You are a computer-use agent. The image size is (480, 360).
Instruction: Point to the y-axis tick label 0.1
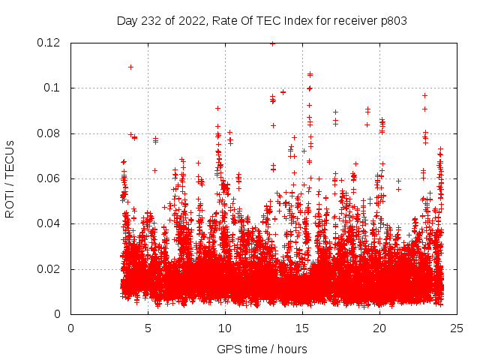click(x=53, y=88)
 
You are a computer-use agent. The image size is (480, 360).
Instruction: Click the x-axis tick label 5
click(x=148, y=328)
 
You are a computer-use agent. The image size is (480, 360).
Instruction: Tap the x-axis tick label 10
click(x=225, y=328)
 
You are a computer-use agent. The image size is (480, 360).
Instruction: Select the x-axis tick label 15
click(x=302, y=328)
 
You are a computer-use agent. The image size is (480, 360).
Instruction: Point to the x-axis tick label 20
click(x=379, y=328)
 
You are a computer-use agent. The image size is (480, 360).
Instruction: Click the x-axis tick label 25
click(x=457, y=328)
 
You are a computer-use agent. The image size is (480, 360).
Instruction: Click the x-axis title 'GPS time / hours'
click(x=262, y=349)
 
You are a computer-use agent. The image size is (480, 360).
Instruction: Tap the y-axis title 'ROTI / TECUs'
click(x=10, y=178)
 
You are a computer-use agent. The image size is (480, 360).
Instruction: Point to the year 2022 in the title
click(x=190, y=20)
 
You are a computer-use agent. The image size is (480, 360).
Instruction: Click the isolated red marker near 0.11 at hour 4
click(x=130, y=67)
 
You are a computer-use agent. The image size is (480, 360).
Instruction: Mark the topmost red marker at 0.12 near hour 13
click(x=272, y=43)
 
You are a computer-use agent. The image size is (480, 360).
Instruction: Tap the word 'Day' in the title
click(x=127, y=20)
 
